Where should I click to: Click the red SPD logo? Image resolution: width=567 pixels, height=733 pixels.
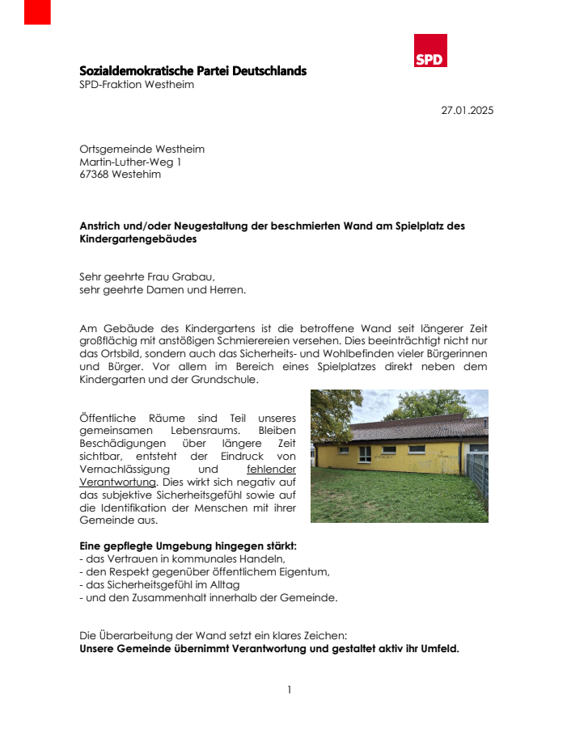(430, 51)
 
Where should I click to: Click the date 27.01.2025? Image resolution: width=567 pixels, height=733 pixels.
(467, 111)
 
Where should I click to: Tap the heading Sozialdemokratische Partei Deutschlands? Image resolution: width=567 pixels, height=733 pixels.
(193, 71)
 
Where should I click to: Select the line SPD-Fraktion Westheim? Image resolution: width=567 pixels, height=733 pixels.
(137, 85)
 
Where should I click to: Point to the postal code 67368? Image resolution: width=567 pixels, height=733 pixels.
(94, 175)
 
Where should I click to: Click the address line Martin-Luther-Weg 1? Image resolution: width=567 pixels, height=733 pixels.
(130, 162)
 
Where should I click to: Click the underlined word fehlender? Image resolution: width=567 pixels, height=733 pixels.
(271, 469)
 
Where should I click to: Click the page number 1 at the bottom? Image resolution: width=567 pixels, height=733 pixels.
(289, 689)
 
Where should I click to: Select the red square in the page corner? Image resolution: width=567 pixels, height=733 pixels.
(37, 11)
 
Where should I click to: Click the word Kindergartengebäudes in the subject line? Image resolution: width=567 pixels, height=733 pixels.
(138, 239)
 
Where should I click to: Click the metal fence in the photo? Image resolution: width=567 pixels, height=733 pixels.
(478, 474)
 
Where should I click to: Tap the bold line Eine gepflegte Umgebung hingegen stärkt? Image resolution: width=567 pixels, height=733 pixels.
(188, 546)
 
